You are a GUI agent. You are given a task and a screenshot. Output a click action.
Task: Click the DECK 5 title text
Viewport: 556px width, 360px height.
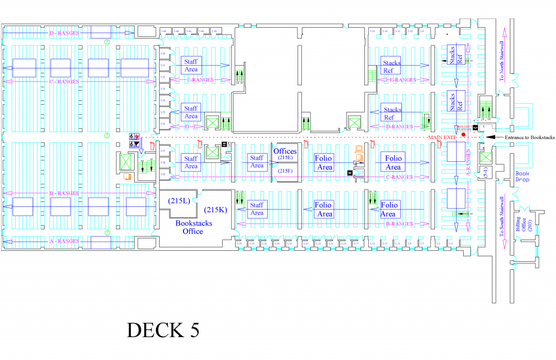163,330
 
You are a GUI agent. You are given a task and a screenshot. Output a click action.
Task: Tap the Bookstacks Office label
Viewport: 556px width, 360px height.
193,227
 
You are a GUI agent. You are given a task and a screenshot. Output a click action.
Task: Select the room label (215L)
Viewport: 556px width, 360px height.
179,201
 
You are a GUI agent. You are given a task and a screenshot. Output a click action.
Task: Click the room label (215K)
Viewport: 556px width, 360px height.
214,210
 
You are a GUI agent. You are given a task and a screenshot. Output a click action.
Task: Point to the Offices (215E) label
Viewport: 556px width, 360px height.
285,154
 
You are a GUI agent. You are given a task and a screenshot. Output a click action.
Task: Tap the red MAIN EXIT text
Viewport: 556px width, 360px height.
441,138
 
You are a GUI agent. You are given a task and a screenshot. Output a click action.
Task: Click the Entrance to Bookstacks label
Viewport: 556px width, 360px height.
526,137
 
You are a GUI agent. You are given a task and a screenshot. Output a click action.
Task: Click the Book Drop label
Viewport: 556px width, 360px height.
522,176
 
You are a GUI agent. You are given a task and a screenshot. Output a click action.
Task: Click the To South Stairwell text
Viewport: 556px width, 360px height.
502,216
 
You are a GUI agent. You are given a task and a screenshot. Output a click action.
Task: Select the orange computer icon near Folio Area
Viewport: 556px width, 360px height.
358,150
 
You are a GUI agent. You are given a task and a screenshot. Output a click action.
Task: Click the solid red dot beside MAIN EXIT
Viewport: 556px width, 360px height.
463,135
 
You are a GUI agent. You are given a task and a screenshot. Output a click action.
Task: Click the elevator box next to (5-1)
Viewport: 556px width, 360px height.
485,158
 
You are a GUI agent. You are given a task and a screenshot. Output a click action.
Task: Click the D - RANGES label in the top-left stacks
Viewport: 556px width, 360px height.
64,33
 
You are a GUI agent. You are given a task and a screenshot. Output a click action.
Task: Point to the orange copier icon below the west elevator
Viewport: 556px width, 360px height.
127,176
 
